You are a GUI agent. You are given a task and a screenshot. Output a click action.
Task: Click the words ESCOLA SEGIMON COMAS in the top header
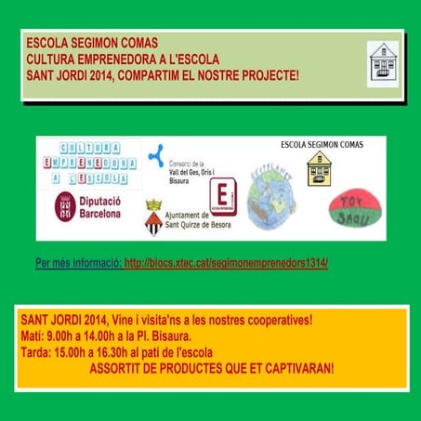92,44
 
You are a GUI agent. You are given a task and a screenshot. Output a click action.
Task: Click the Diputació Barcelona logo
88,207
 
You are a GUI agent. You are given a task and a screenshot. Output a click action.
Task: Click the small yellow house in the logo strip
319,169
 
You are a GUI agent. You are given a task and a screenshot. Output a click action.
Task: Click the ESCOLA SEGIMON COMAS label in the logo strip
321,145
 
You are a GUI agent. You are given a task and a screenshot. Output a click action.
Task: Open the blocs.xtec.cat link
226,263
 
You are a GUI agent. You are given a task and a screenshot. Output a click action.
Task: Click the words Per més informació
77,263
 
